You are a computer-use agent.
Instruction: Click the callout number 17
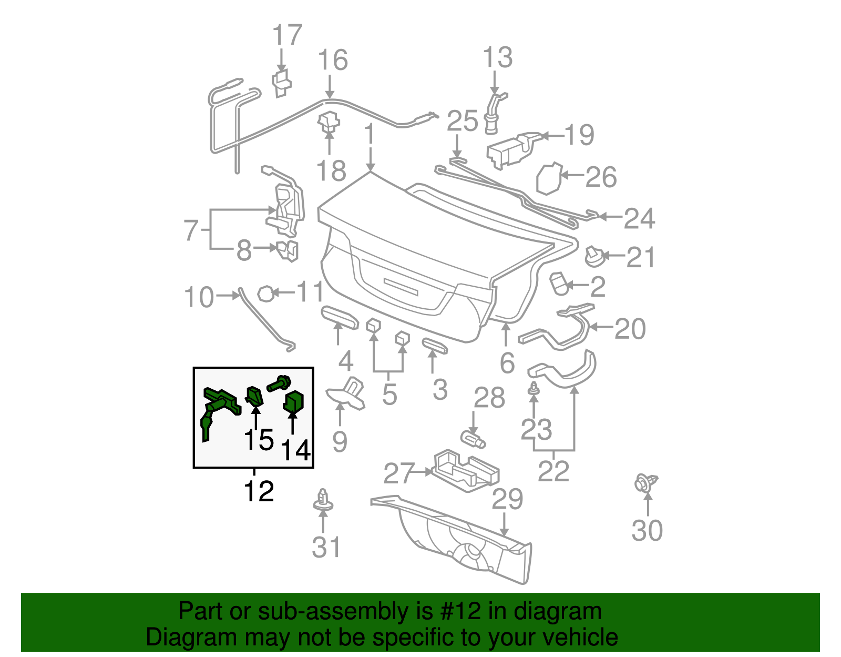coord(287,36)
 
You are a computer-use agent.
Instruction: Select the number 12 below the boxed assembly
coord(259,492)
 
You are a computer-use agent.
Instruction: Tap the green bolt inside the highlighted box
coord(279,383)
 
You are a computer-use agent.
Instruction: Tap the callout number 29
coord(507,499)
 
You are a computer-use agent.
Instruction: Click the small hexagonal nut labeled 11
coord(267,293)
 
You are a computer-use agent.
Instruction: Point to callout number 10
coord(199,297)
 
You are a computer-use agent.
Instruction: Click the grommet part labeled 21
coord(594,256)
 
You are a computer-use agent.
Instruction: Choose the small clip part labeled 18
coord(329,123)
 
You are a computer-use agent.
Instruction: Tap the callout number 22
coord(553,471)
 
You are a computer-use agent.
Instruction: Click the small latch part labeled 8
coord(288,250)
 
